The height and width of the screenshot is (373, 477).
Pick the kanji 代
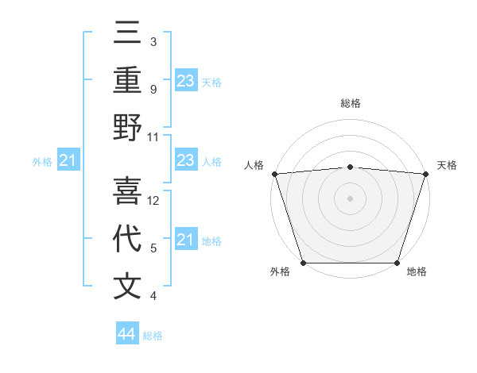tap(127, 238)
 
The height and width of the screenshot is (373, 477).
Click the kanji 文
tap(127, 286)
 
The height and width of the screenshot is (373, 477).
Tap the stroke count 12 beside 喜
tap(154, 201)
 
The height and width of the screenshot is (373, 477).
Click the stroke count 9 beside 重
tap(153, 90)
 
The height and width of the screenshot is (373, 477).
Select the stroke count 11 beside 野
tap(153, 137)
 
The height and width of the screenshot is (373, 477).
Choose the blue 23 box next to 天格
tap(186, 80)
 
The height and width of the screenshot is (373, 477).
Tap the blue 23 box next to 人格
tap(186, 161)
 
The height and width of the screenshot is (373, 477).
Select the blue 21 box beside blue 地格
tap(186, 240)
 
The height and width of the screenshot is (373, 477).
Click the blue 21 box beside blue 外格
tap(68, 161)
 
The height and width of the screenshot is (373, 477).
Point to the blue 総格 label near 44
tap(153, 336)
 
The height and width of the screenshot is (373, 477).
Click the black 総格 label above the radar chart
tap(350, 103)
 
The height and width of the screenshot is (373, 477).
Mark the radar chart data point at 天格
tap(425, 173)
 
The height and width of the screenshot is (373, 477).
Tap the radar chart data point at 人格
tap(274, 173)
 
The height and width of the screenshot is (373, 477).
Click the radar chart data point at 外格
tap(303, 263)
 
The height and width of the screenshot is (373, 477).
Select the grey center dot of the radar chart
tap(350, 198)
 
